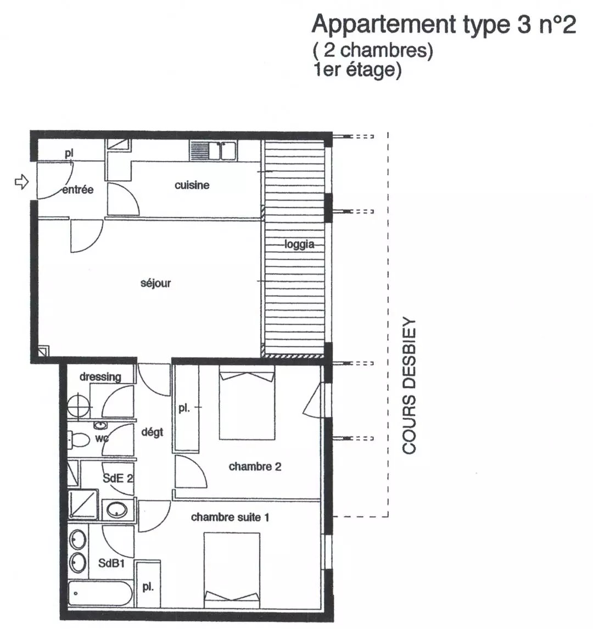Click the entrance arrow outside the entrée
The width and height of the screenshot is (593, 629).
tap(21, 182)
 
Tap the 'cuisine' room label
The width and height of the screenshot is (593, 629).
tap(192, 185)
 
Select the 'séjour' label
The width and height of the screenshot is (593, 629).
tap(155, 283)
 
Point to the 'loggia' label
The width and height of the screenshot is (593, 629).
tap(299, 244)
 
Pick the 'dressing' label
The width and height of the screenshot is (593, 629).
tap(100, 377)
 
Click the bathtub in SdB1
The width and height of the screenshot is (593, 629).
tap(100, 594)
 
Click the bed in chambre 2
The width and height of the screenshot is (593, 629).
tap(247, 402)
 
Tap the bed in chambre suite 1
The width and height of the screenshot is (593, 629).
tap(232, 570)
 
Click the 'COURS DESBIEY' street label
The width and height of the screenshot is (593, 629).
tap(409, 386)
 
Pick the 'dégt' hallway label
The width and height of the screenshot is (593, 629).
tap(152, 432)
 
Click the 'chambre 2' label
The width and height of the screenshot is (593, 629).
tap(255, 466)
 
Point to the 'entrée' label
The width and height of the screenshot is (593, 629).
tap(78, 190)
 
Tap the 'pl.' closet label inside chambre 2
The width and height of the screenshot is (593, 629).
tap(184, 408)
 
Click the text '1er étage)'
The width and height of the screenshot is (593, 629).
tap(357, 70)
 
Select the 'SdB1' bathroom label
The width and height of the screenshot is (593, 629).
tap(111, 563)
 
